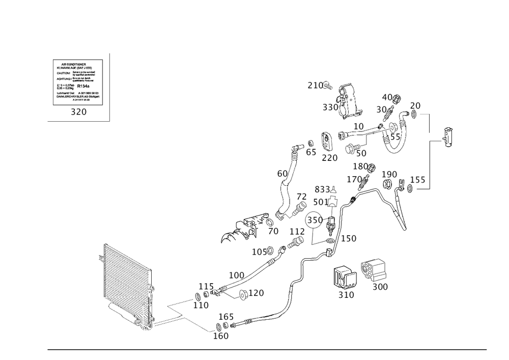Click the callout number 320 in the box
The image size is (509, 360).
click(x=78, y=113)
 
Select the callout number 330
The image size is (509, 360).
click(x=330, y=107)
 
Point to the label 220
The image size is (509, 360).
click(x=329, y=158)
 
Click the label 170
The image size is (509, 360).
click(x=354, y=179)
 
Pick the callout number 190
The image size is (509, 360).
click(x=389, y=175)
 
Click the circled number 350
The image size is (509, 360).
click(x=315, y=220)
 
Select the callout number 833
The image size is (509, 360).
click(x=322, y=189)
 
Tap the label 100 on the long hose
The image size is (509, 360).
click(x=237, y=275)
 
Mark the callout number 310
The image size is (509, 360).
click(x=346, y=295)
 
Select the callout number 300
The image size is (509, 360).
click(x=380, y=287)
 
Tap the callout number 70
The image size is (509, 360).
click(x=273, y=231)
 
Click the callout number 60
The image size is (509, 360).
click(x=282, y=174)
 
